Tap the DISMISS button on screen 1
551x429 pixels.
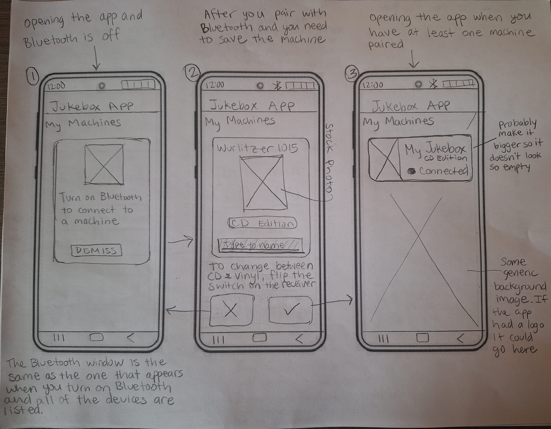(x=97, y=250)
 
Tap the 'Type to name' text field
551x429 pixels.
(x=260, y=245)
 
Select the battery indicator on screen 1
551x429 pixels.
(x=138, y=85)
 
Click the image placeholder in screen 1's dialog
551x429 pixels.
(x=104, y=164)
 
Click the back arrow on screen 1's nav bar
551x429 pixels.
(x=131, y=338)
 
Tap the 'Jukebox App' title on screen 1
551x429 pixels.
(x=92, y=106)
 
